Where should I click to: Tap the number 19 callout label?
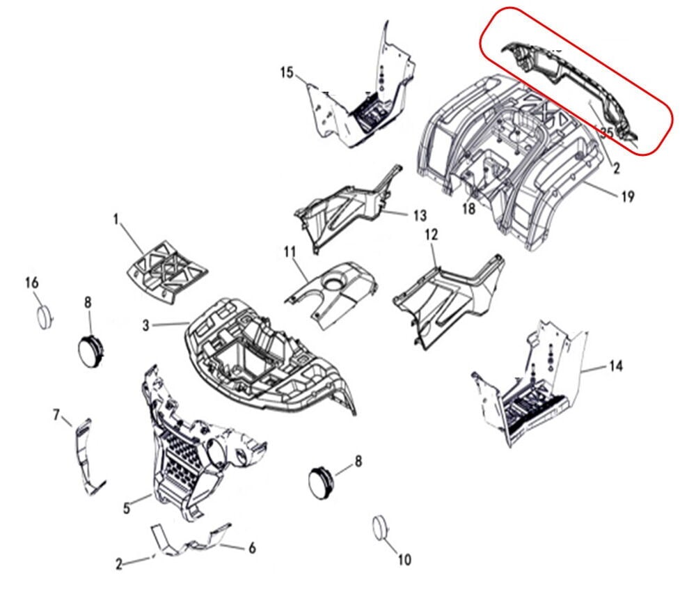pos(627,197)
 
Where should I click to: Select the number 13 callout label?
pos(419,216)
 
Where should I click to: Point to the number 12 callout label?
pos(431,235)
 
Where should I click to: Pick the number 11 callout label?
pos(290,251)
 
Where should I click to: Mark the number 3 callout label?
pos(146,324)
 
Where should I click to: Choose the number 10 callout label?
pos(404,559)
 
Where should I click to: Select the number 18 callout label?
pos(468,209)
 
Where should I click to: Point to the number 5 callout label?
pos(127,509)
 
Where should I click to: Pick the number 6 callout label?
pos(252,548)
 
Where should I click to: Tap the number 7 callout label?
pos(57,415)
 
